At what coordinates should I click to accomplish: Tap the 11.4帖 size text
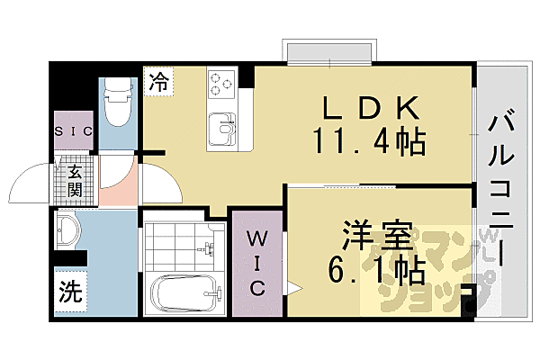pos(368,140)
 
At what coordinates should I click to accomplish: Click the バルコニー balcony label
pos(504,189)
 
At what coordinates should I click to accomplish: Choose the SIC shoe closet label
pos(71,131)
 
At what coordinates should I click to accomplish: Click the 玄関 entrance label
pos(74,179)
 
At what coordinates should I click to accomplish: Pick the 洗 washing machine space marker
pos(70,292)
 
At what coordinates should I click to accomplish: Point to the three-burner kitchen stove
pos(220,85)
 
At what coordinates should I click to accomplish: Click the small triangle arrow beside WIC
pos(293,289)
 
